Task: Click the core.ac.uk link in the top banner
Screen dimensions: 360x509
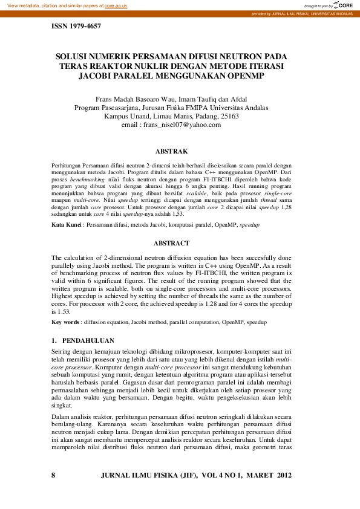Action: pyautogui.click(x=118, y=5)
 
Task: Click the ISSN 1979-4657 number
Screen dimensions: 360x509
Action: pyautogui.click(x=76, y=27)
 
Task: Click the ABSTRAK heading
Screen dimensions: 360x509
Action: pyautogui.click(x=172, y=151)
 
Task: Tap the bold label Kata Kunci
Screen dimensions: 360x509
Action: pyautogui.click(x=65, y=225)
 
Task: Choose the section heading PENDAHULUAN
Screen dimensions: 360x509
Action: pyautogui.click(x=88, y=340)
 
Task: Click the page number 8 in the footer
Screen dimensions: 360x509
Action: pyautogui.click(x=54, y=476)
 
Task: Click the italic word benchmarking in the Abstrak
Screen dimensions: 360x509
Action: pyautogui.click(x=87, y=180)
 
